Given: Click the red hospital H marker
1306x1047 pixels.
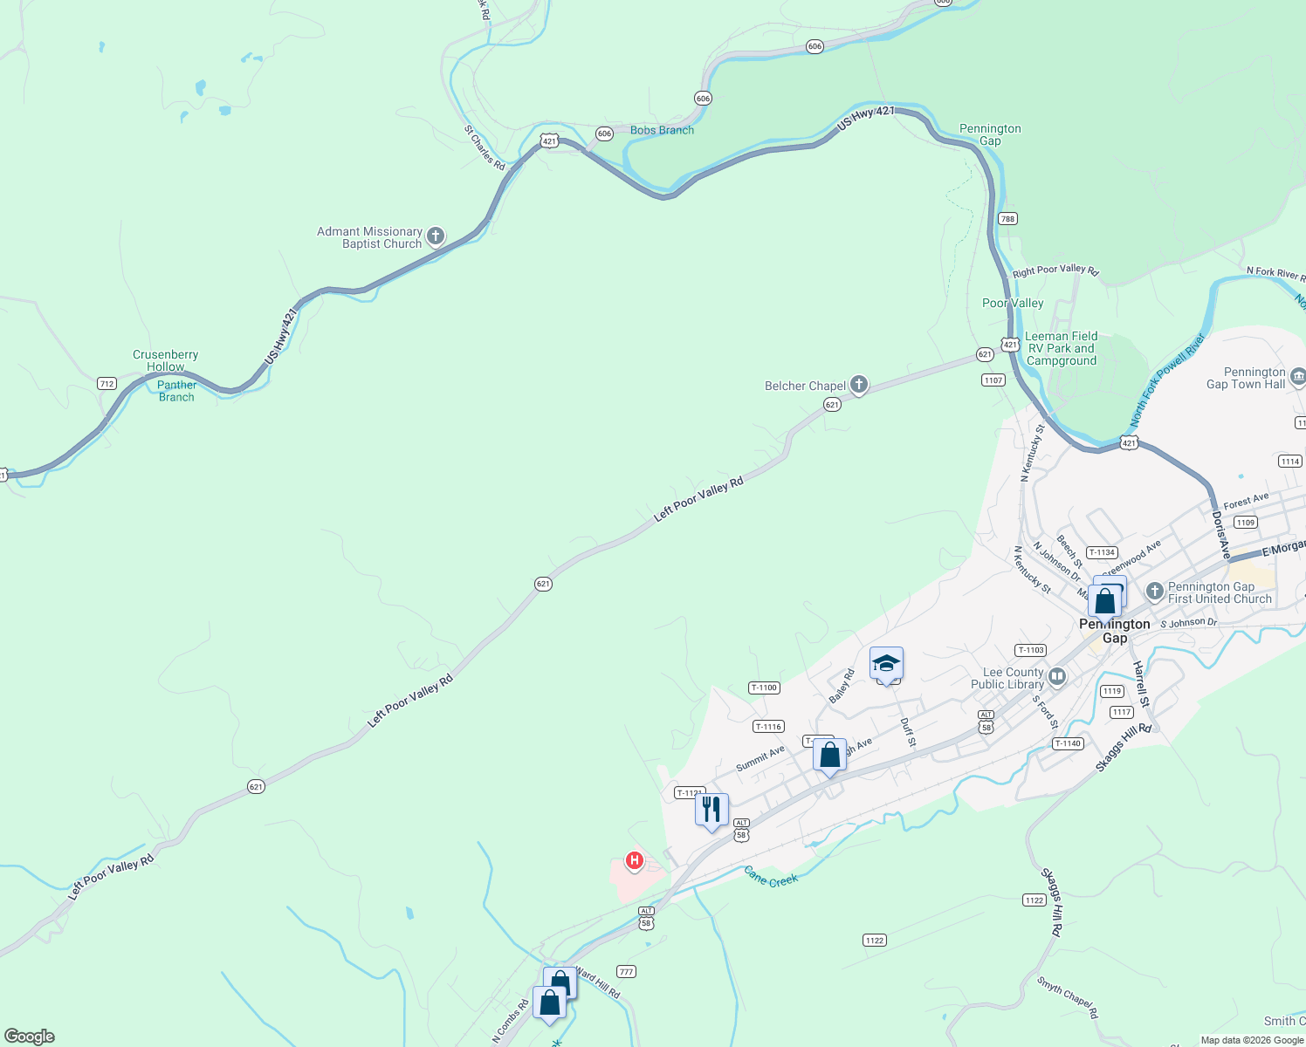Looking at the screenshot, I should tap(635, 860).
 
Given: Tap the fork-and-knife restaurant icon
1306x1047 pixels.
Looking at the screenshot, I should tap(711, 810).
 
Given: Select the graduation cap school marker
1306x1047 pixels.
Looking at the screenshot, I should tap(886, 665).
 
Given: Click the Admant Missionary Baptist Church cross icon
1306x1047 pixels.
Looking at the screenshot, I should tap(435, 236).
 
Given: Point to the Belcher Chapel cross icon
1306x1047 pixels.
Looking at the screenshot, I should tap(859, 385).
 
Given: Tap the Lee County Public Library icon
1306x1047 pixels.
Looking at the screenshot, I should tap(1057, 677).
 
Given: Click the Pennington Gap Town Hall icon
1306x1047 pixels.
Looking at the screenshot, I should tap(1297, 377).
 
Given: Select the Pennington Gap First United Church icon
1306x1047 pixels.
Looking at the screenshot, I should tap(1154, 592).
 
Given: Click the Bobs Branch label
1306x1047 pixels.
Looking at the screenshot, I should tap(662, 130).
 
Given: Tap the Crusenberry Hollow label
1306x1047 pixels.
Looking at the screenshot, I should tap(165, 360).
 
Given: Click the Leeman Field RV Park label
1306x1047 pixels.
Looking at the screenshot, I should tap(1061, 348).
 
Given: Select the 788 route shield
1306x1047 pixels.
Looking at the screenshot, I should tap(1007, 218).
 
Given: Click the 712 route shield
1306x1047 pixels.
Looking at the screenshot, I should tap(107, 383).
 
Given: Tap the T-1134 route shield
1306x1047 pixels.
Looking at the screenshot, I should tap(1102, 552).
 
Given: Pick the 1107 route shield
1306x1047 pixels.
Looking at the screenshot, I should tap(993, 380).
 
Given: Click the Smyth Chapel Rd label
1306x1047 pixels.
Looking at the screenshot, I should tap(1067, 996).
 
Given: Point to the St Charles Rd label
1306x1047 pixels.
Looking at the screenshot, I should tap(485, 147).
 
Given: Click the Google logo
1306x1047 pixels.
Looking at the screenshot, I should tap(30, 1037).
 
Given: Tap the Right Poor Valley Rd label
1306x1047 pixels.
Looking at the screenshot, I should tap(1055, 270).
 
